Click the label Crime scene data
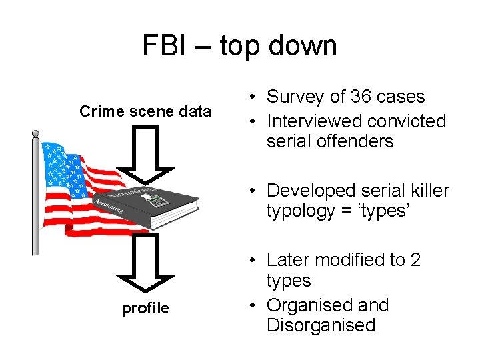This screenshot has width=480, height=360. (145, 111)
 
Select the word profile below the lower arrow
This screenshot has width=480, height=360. (145, 308)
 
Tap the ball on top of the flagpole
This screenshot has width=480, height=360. (35, 134)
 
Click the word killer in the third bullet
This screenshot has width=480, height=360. (429, 191)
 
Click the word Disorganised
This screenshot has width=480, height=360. (321, 325)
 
